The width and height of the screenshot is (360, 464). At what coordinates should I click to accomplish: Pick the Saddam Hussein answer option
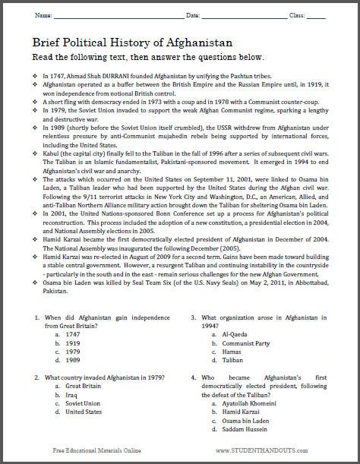pyautogui.click(x=244, y=431)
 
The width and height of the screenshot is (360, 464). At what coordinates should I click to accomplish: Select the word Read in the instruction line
pyautogui.click(x=48, y=58)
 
